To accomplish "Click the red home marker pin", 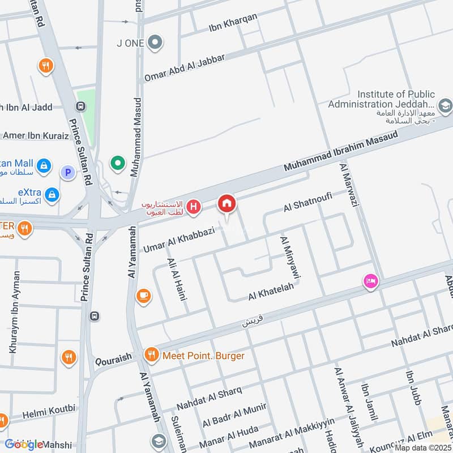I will pos(227,203).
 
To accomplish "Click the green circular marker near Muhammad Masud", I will pos(118,164).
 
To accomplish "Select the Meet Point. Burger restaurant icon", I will pos(151,355).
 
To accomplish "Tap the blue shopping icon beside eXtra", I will pos(52,194).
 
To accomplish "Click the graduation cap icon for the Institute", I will pos(445,105).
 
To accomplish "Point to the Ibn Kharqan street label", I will pos(233,23).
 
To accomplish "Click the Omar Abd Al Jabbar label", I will pos(185,68).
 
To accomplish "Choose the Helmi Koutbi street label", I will pos(48,412).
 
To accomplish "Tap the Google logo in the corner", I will pos(24,445).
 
